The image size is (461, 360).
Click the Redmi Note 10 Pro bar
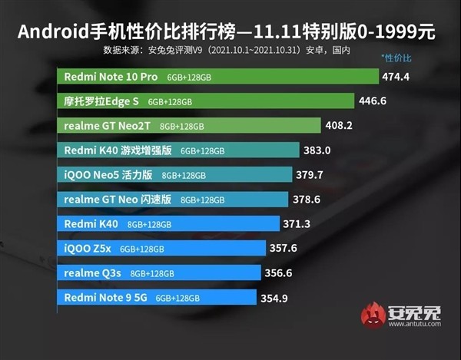point(218,77)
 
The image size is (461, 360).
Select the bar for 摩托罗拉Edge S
point(206,101)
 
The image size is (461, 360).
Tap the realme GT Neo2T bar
point(189,125)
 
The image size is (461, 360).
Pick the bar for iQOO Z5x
point(162,248)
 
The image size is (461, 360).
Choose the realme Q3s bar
point(161,272)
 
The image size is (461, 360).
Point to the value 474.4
point(396,77)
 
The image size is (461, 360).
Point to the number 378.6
point(310,200)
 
